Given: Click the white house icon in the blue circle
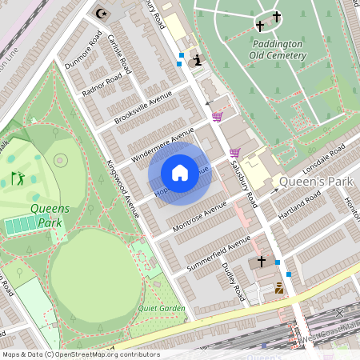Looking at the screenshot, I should pyautogui.click(x=180, y=172).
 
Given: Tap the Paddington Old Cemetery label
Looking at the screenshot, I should pyautogui.click(x=278, y=50).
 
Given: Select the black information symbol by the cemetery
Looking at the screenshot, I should pyautogui.click(x=197, y=60).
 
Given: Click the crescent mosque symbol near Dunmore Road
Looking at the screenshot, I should pyautogui.click(x=101, y=13).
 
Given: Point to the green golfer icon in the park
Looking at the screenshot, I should pyautogui.click(x=18, y=178).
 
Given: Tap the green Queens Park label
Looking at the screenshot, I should pyautogui.click(x=50, y=214).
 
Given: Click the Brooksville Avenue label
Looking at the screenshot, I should pyautogui.click(x=144, y=109).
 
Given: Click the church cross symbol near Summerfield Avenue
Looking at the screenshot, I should pyautogui.click(x=261, y=262).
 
